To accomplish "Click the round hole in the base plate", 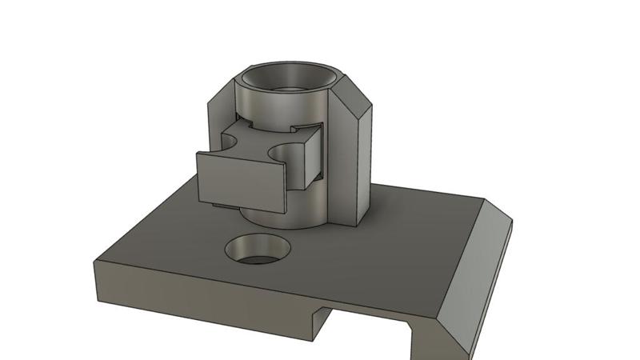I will [258, 249].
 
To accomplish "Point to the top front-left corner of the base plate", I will [94, 260].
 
